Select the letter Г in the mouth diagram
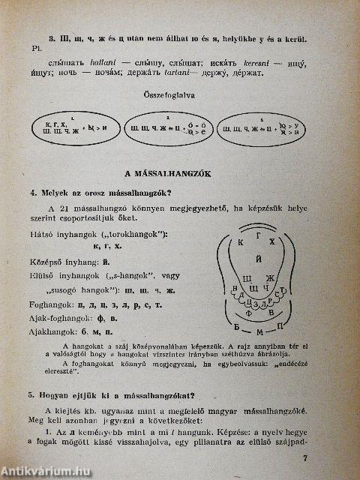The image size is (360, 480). click(259, 237)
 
